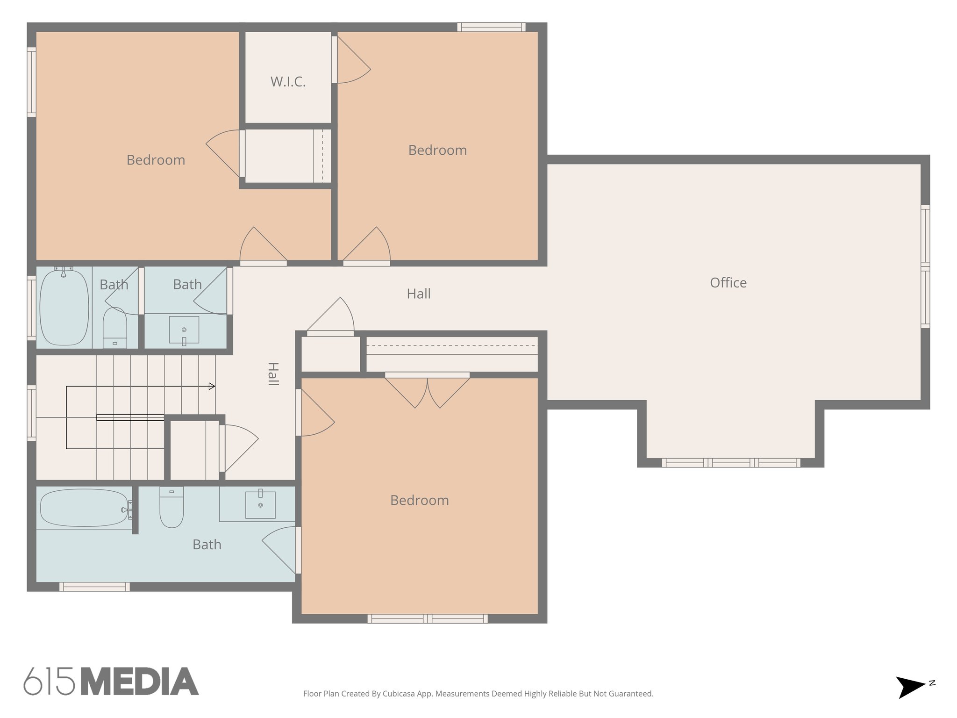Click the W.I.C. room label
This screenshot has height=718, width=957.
[288, 82]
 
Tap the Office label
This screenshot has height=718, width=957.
[728, 283]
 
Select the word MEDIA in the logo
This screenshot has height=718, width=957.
[140, 682]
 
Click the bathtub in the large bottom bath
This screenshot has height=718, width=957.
[84, 508]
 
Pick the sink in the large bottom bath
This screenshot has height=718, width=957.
[260, 504]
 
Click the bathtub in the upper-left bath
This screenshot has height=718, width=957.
[64, 307]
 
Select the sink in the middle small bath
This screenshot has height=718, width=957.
[184, 330]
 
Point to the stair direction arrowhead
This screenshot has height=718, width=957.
[212, 386]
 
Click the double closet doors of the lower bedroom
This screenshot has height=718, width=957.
[427, 390]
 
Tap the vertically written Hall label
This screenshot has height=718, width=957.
[273, 374]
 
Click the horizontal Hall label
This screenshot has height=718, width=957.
[419, 294]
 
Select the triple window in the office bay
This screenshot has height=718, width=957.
[731, 463]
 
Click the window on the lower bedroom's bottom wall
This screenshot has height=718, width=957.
[427, 618]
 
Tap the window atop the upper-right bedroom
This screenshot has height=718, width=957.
[491, 27]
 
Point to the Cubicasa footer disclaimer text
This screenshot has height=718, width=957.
[478, 694]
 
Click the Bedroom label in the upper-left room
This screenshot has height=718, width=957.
[156, 160]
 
